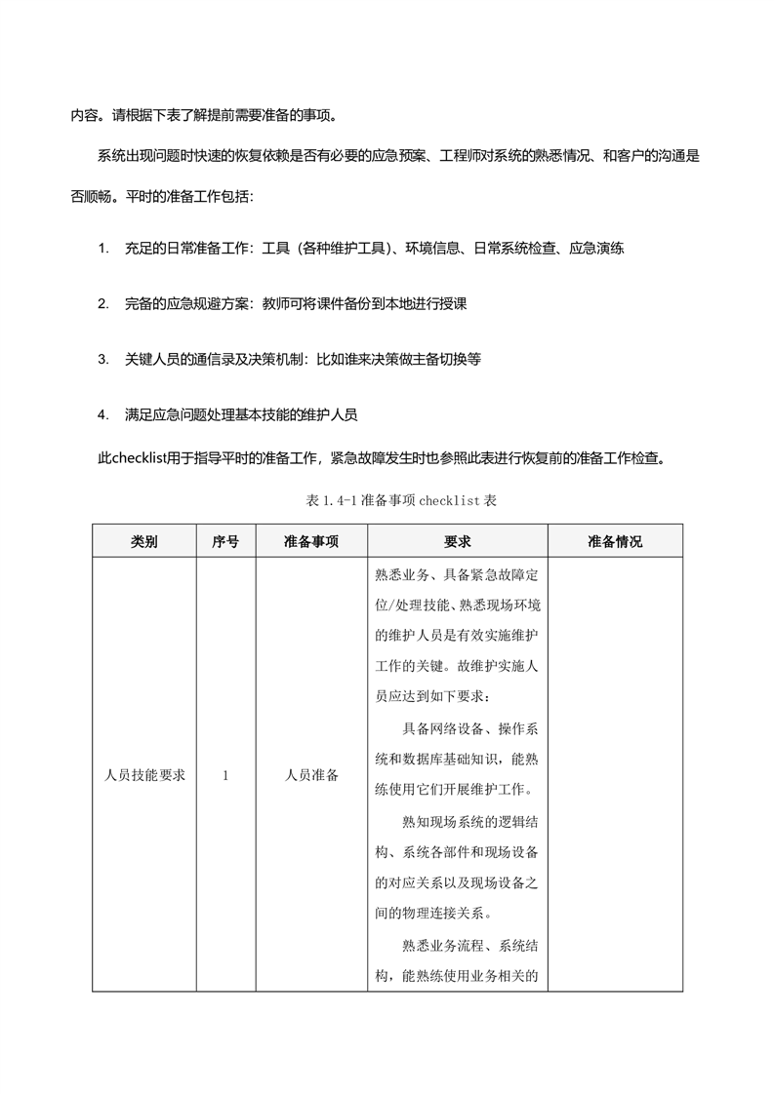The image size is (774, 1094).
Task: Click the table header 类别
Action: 143,542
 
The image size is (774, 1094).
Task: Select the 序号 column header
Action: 225,542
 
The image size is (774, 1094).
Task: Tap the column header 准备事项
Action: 311,542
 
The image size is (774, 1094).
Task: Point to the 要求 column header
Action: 457,542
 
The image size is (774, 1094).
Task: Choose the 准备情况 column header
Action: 615,542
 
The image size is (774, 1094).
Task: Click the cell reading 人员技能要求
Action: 144,776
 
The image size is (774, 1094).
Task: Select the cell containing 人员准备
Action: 311,776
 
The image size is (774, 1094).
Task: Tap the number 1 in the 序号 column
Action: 225,776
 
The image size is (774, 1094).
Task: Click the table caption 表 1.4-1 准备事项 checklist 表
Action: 387,500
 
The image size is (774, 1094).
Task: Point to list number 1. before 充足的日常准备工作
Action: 103,249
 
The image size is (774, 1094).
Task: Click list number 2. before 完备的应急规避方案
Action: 103,304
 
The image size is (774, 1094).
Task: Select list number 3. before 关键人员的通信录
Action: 103,359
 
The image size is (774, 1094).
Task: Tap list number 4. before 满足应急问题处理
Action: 103,414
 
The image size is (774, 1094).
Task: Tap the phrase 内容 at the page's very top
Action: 82,113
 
